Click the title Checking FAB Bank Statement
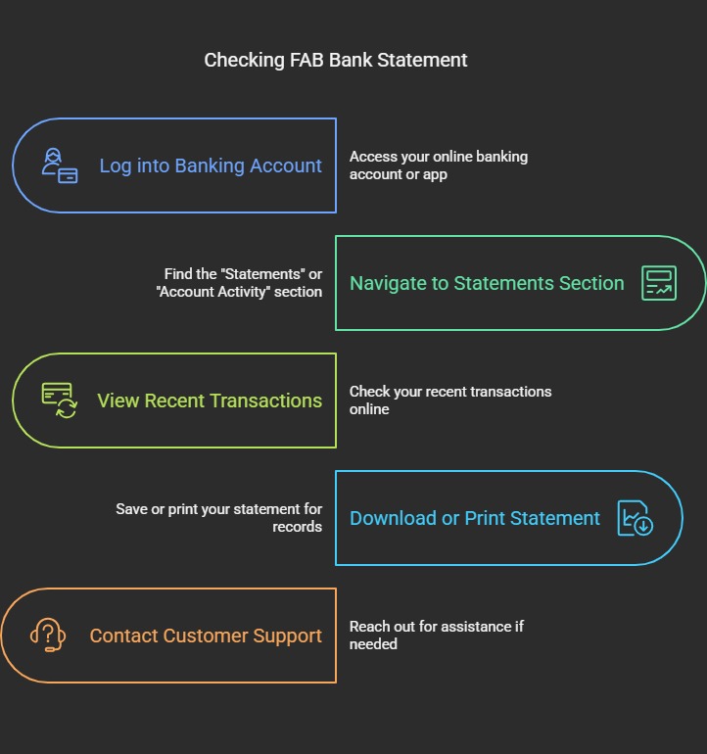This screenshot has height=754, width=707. [x=335, y=61]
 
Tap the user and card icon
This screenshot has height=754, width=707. [x=60, y=165]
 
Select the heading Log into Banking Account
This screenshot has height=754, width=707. [x=211, y=165]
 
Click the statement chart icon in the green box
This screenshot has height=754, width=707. [x=659, y=283]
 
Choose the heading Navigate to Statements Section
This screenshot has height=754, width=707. [x=487, y=284]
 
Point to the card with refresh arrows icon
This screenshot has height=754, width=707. [x=60, y=401]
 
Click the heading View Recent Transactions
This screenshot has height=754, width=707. [x=210, y=401]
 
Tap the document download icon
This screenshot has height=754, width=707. [x=636, y=518]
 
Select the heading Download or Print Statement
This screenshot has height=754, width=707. [x=475, y=518]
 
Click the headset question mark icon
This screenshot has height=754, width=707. [x=48, y=636]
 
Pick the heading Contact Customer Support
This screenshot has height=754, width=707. [x=206, y=636]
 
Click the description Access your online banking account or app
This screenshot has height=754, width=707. [x=439, y=165]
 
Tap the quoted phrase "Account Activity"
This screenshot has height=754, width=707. [x=213, y=292]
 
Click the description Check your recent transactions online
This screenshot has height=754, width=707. [x=450, y=401]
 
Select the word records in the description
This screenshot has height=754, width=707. [x=298, y=527]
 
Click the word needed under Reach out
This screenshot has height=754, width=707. [x=373, y=644]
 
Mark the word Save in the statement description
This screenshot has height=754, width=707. [x=131, y=509]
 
